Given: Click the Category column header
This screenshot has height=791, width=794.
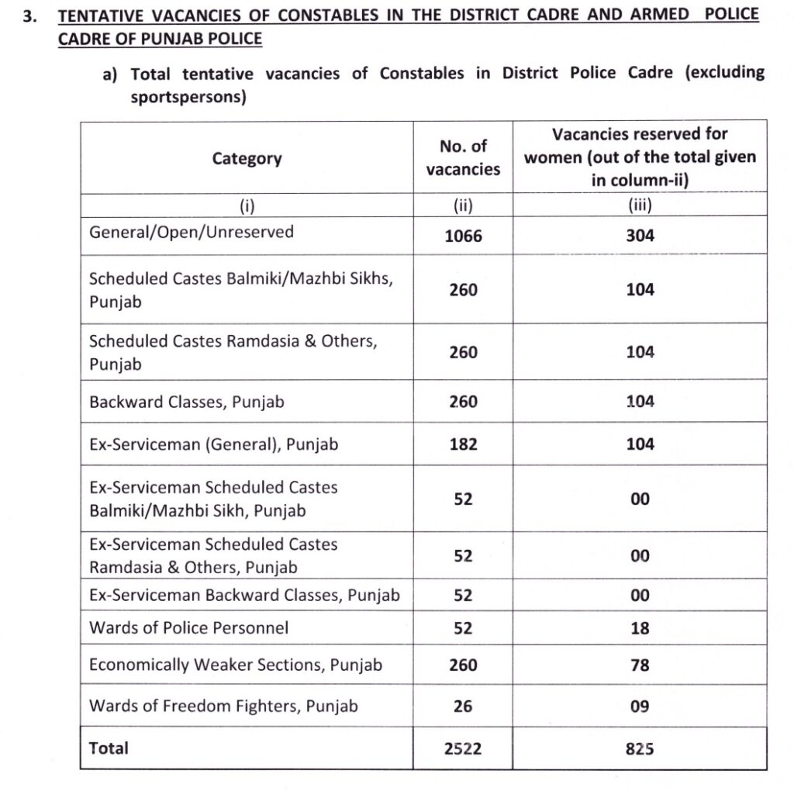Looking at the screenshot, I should (x=247, y=159).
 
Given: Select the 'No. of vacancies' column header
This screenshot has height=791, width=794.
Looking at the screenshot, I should (x=463, y=157).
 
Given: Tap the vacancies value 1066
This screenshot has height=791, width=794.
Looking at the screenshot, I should (x=463, y=236).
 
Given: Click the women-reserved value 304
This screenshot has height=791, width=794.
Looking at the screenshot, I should (x=640, y=236).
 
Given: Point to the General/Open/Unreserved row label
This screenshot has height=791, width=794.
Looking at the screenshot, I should (x=192, y=232).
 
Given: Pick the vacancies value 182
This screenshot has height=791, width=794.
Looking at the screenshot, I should (x=463, y=444).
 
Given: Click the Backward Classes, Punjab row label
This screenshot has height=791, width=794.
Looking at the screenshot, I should (x=187, y=402).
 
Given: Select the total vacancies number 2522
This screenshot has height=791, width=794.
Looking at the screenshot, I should (x=463, y=749).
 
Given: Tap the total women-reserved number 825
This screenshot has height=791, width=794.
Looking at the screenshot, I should (x=640, y=749).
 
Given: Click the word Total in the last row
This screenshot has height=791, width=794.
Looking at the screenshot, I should (x=109, y=748).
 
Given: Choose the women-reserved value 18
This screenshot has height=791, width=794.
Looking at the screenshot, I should (x=640, y=628).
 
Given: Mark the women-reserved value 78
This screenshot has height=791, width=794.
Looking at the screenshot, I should (x=640, y=665).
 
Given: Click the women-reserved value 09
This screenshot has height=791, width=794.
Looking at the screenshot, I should (x=640, y=707).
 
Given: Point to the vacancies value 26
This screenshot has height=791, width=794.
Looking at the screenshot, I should (x=463, y=707).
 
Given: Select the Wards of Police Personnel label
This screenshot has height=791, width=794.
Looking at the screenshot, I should (x=188, y=627).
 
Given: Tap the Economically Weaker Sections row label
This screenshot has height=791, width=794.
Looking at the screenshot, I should (x=236, y=665).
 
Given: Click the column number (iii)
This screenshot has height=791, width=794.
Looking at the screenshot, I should (x=640, y=206).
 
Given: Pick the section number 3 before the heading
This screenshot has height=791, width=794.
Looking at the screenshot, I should (x=29, y=16).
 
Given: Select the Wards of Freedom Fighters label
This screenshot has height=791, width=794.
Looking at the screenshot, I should (x=223, y=706).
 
